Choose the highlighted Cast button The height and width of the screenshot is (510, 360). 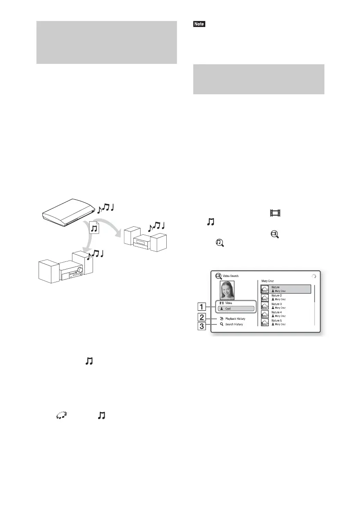coord(238,309)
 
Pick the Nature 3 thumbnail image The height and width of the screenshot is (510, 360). coord(265,306)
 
